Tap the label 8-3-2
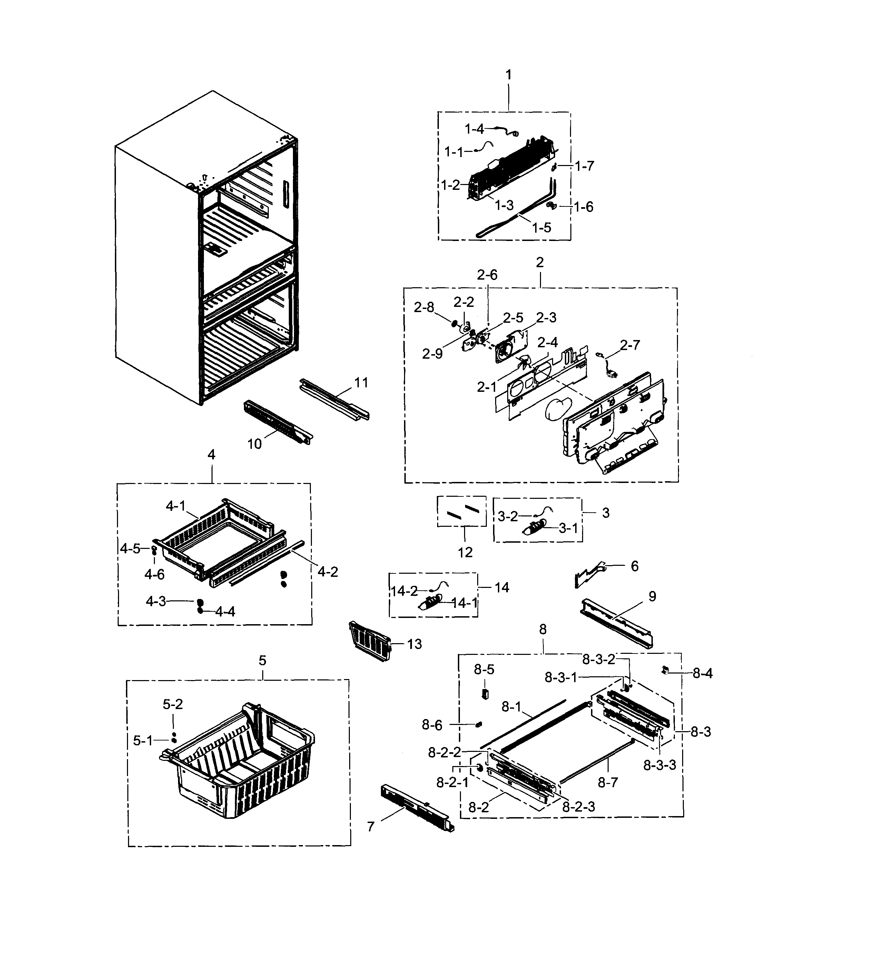click(x=599, y=659)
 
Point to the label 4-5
click(x=130, y=549)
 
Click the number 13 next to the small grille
click(x=414, y=644)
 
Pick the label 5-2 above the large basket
click(x=173, y=704)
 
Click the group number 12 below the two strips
click(x=465, y=552)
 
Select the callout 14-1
click(x=464, y=603)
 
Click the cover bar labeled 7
click(x=416, y=810)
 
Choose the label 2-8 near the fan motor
click(x=424, y=307)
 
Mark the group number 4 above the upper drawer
click(x=211, y=455)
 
